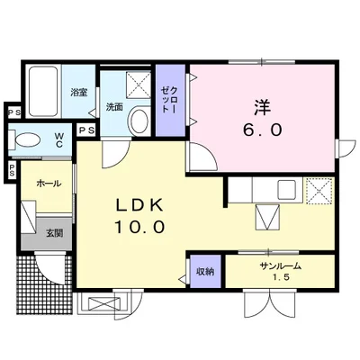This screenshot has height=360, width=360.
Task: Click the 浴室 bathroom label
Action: coord(79,92)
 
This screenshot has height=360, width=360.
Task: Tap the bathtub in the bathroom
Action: coord(43,92)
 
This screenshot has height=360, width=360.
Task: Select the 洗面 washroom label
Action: coord(114,107)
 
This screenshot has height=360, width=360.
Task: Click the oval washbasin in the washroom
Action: coord(139,121)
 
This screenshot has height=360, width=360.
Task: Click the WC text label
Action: coord(58,140)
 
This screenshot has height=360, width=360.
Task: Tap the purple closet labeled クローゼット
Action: coord(170,101)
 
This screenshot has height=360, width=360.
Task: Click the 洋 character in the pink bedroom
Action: coord(262,108)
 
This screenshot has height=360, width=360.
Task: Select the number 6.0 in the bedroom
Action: coord(262,130)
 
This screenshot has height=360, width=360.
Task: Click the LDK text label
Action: coord(139,206)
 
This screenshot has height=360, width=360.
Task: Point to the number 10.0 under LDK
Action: coord(139,227)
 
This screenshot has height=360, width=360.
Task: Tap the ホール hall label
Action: coord(49,184)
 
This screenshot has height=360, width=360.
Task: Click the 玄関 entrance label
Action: coord(54,233)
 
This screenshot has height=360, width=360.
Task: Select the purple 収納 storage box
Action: coord(205,272)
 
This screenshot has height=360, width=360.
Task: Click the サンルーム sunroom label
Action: coord(280,265)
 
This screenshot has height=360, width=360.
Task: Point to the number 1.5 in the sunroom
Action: coord(281,278)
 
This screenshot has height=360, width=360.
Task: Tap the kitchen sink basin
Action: coord(286,190)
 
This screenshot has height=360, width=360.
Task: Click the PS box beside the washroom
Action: coord(86,130)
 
